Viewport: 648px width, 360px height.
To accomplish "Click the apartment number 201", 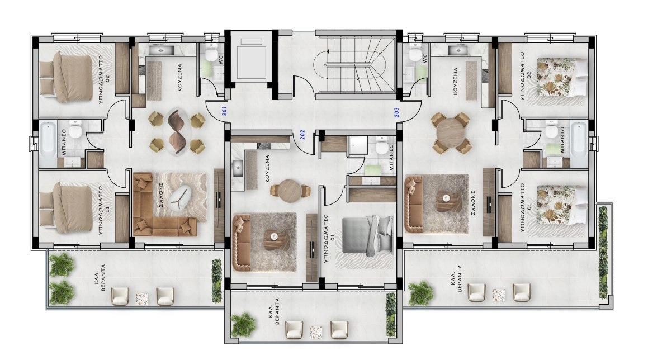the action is [224, 111].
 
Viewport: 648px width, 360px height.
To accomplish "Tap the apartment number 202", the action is [302, 135].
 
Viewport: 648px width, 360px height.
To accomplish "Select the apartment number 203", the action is [397, 112].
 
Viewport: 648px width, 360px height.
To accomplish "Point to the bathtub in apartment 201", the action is [48, 144].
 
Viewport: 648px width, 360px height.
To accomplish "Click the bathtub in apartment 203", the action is [579, 144].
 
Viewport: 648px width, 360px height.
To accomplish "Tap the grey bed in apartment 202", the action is [367, 235].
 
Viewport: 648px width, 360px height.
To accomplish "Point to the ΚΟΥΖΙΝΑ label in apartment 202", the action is [267, 169].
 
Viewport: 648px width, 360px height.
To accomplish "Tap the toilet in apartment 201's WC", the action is [212, 53].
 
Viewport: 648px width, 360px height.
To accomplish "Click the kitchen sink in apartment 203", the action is [458, 50].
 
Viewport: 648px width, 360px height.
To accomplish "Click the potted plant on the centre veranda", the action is [244, 324].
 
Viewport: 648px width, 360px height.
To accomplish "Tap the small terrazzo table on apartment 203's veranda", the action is [498, 295].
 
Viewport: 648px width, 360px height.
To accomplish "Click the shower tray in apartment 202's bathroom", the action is [358, 146].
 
